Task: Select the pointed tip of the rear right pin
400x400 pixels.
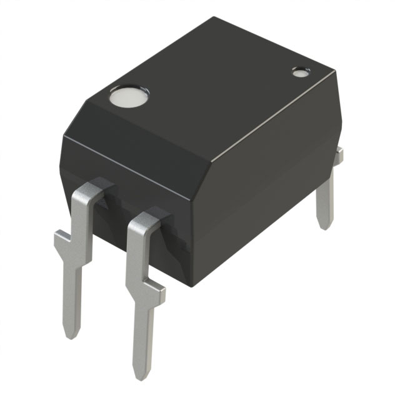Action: [322, 226]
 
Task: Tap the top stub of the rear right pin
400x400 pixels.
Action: [338, 156]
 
